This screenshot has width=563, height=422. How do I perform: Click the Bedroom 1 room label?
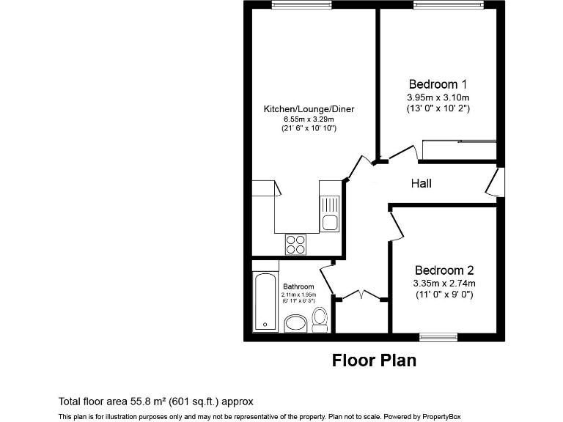pyautogui.click(x=438, y=84)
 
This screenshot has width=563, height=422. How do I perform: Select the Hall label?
pyautogui.click(x=421, y=183)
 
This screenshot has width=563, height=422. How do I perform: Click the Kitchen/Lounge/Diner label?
pyautogui.click(x=309, y=109)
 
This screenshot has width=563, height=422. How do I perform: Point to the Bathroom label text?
pyautogui.click(x=298, y=286)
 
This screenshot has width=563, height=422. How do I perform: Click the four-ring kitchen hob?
pyautogui.click(x=295, y=243)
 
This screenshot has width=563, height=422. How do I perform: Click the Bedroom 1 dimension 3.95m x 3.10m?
pyautogui.click(x=438, y=97)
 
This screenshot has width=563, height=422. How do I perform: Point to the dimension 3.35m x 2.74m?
pyautogui.click(x=445, y=284)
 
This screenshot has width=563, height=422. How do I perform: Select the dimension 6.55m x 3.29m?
pyautogui.click(x=309, y=119)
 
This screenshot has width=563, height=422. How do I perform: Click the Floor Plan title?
pyautogui.click(x=374, y=360)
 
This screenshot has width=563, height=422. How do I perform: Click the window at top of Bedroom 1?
pyautogui.click(x=438, y=5)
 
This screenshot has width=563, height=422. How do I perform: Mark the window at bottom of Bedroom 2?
pyautogui.click(x=438, y=337)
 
